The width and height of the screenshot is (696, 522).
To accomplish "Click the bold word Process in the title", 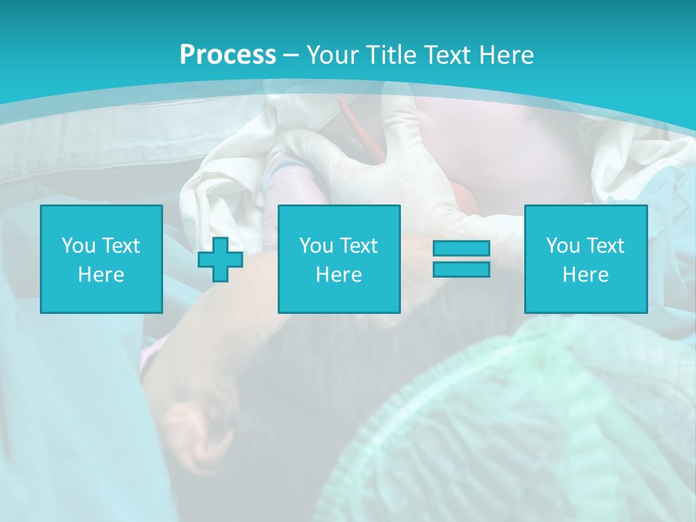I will click(228, 55).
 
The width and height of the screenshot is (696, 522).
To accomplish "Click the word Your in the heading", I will click(332, 55).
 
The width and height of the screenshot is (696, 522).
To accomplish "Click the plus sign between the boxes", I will click(220, 260).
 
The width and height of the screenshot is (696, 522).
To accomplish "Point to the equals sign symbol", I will click(461, 259).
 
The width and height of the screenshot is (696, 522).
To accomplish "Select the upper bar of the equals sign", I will click(461, 249).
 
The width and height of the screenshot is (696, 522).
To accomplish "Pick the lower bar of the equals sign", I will click(461, 269).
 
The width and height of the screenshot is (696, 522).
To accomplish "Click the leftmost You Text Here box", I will click(101, 259).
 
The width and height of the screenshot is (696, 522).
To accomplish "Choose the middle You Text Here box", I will click(339, 259).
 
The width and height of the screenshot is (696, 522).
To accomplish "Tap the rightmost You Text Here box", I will click(585, 259).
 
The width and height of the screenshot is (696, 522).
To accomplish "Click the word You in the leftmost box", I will click(78, 246).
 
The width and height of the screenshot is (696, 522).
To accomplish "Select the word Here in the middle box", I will click(339, 275).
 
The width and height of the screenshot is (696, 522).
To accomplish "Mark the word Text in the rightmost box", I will click(604, 246).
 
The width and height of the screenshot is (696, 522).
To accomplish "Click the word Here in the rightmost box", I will click(585, 275).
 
